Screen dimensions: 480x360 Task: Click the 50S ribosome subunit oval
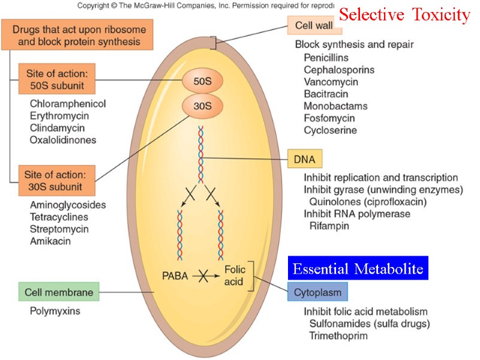coord(202,81)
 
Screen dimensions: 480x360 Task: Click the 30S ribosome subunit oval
coord(202,106)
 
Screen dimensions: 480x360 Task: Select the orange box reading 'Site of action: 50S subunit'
coord(57,79)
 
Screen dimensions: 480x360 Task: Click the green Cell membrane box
coord(59,292)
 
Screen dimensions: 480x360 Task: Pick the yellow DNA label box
coord(305,159)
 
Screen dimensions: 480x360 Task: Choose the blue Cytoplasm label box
coord(317,292)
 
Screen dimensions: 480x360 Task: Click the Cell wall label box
coord(314,25)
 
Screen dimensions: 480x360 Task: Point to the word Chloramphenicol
coord(68,104)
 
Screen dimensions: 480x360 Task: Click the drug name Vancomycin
coord(331,82)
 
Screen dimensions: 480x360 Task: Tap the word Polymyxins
coord(55,311)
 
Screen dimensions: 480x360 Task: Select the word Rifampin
coord(329,226)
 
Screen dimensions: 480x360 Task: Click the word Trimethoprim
coord(338,335)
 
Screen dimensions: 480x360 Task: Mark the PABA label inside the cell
coord(175,276)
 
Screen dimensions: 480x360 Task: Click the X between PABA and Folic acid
coord(203,276)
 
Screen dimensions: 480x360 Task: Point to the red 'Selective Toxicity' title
coord(404,14)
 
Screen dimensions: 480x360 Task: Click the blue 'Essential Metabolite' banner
coord(358,268)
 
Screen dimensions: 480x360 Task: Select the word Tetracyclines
coord(59,217)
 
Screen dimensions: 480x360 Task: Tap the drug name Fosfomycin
coord(329,118)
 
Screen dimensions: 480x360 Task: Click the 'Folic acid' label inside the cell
coord(235,275)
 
